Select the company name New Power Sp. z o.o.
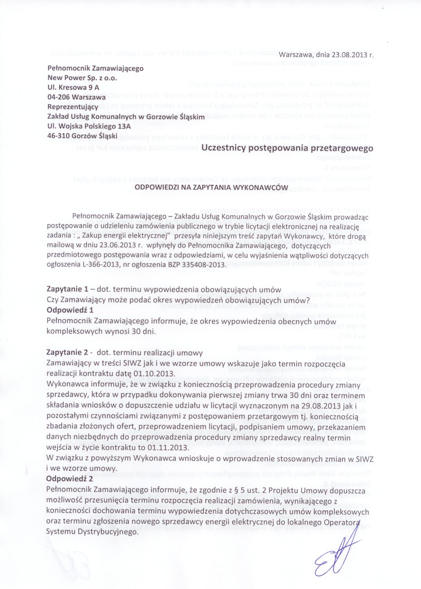(82, 78)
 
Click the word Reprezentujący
(73, 107)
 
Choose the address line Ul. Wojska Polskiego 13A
(89, 126)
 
